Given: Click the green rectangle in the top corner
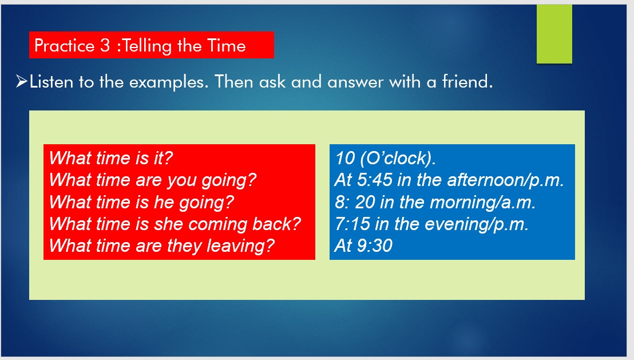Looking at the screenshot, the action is [554, 34].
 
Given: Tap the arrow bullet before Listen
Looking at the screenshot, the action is [21, 81].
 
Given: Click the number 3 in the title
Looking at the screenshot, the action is [105, 45].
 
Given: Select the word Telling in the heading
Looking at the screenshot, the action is [147, 46].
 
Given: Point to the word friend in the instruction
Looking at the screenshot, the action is [467, 81].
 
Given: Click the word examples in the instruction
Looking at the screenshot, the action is [169, 82].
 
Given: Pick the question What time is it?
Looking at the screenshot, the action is [111, 158].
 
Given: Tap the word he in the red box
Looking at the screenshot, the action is [164, 202].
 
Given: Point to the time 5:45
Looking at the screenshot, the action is [374, 180].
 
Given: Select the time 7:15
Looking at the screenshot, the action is [352, 224].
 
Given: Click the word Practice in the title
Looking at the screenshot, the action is [64, 45].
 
